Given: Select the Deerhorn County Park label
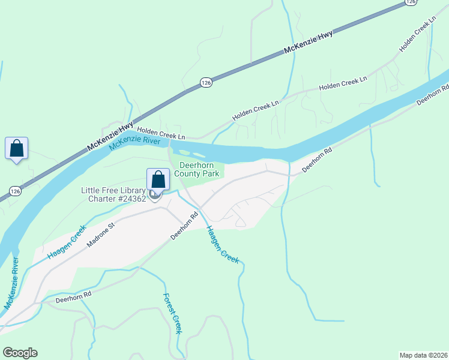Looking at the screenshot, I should coord(198,169).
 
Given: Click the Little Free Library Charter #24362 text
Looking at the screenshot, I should coord(113,195).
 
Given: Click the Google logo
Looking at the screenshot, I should coord(20,353).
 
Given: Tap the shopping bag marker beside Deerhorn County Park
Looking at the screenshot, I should coord(157,179).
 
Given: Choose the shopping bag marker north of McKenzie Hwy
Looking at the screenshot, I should coord(16,148).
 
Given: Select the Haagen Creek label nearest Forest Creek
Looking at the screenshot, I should coord(223,245).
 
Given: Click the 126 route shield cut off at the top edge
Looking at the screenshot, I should coord(410,2).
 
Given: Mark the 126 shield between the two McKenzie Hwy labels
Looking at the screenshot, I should coord(205,83).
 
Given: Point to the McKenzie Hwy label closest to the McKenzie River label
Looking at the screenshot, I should coord(109,136).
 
